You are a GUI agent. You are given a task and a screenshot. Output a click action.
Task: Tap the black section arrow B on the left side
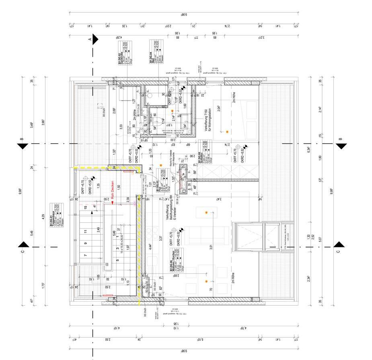point(23,146)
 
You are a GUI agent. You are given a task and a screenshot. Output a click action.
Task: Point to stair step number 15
point(86,208)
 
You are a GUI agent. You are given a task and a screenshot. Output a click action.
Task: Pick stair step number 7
point(85,255)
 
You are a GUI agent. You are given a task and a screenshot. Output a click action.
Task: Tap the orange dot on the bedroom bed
point(227,132)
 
